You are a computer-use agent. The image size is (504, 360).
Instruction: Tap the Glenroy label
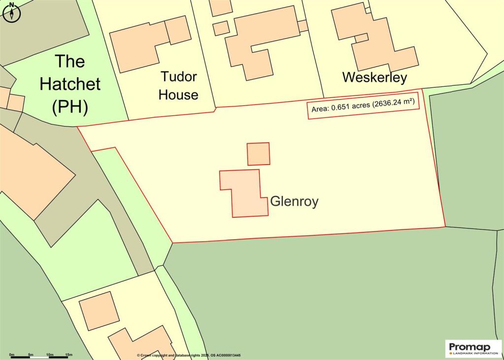tap(294, 201)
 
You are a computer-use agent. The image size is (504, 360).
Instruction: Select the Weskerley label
tap(375, 77)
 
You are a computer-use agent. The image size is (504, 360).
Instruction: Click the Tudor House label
tap(178, 85)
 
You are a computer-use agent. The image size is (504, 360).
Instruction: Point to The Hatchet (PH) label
tap(70, 84)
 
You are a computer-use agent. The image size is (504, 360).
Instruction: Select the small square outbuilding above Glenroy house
tap(258, 154)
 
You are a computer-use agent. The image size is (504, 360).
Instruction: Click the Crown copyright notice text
tap(189, 356)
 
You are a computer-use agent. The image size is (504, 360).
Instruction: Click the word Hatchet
tap(70, 84)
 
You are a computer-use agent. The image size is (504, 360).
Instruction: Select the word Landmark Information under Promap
tap(473, 353)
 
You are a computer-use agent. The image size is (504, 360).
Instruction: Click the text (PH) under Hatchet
tap(70, 106)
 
